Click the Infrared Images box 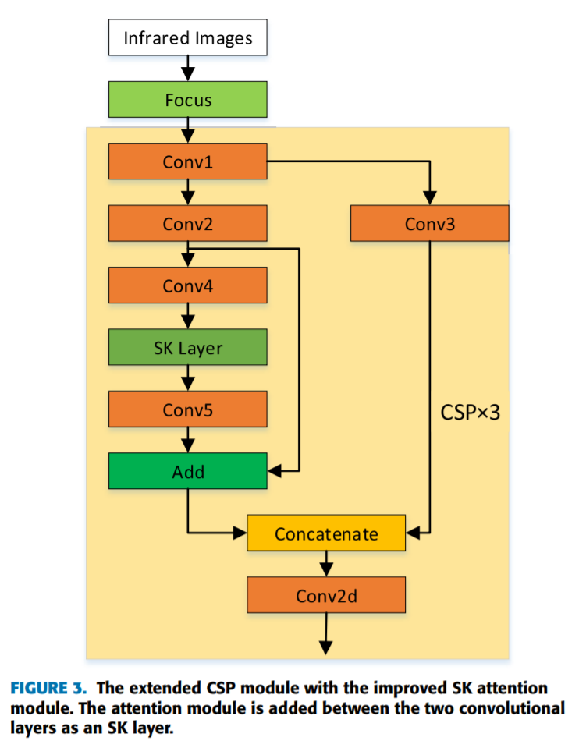pos(188,37)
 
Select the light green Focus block pos(188,100)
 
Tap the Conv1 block pos(188,161)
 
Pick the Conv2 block pos(188,224)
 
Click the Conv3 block pos(429,224)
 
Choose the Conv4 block pos(188,285)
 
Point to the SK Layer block pos(188,348)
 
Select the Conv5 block pos(188,409)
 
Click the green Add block pos(188,472)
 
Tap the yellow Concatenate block pos(326,534)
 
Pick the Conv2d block pos(326,596)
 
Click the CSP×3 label pos(470,413)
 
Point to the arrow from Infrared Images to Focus pos(188,68)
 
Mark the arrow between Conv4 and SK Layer pos(188,317)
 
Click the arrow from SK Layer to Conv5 pos(188,378)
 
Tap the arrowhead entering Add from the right pos(275,472)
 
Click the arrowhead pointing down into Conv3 pos(429,199)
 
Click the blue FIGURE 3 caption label pos(50,688)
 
